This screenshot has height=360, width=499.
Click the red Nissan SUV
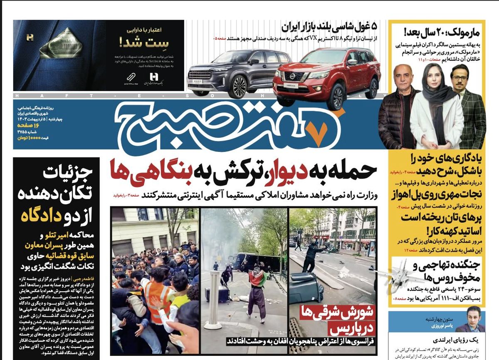(x=326, y=79)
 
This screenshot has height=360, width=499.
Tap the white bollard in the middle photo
(x=214, y=300)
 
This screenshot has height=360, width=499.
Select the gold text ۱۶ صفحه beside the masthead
(x=29, y=125)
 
